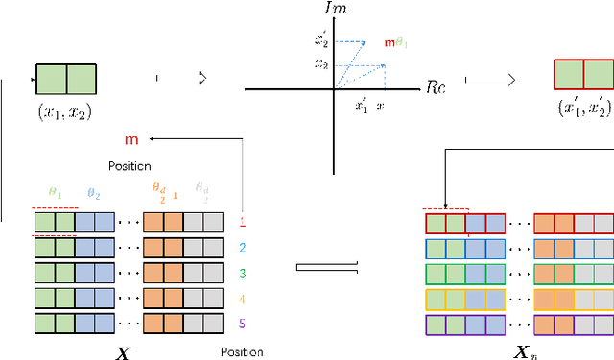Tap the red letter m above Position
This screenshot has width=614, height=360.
[x=131, y=140]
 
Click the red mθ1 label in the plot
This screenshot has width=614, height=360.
[x=396, y=43]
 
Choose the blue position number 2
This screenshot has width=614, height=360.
[x=242, y=248]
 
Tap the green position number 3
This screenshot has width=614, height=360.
[x=242, y=274]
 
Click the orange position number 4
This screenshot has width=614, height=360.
[x=242, y=299]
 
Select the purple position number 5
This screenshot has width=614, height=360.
[x=242, y=324]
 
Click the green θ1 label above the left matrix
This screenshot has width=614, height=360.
[x=55, y=193]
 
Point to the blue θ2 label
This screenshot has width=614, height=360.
[x=93, y=193]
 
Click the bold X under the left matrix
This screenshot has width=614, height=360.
[x=121, y=351]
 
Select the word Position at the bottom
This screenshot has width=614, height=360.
[x=242, y=351]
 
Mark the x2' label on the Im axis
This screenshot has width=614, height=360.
[x=322, y=41]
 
